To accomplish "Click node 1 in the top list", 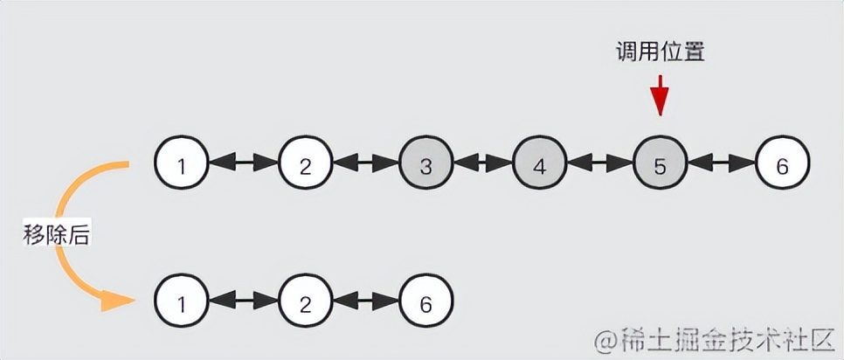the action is [181, 164].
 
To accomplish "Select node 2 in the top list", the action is [305, 164].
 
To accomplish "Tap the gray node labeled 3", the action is [426, 164].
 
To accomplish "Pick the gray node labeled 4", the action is [539, 164].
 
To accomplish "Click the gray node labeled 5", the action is [660, 164].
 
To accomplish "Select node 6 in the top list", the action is [782, 164].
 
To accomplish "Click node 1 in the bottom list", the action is [181, 302].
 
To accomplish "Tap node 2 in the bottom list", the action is [305, 302].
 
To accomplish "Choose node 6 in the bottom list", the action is [426, 302].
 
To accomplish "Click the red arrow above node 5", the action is [660, 95].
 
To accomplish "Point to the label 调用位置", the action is [659, 52].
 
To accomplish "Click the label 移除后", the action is [57, 234].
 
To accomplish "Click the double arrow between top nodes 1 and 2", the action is [243, 163].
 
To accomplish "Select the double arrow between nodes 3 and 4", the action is [482, 163].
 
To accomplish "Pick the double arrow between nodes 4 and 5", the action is [599, 163].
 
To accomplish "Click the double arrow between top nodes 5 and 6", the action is [721, 163].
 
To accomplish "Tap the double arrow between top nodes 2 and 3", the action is [365, 163].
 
